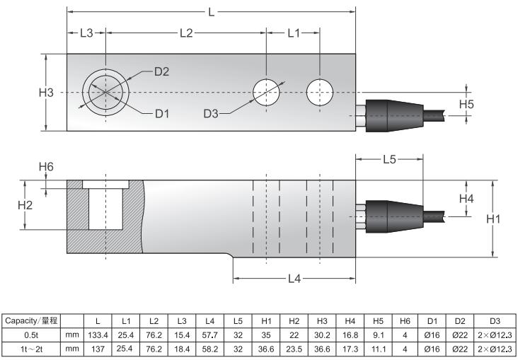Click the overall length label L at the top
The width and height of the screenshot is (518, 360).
[x=211, y=12]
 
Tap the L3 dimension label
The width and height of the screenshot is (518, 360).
[x=86, y=33]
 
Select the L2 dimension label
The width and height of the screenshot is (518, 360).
[x=186, y=33]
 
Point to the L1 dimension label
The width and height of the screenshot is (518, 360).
[x=293, y=33]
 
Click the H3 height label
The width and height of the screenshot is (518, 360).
[x=46, y=93]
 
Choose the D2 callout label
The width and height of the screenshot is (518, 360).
[x=161, y=71]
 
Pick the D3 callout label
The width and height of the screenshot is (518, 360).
[x=213, y=113]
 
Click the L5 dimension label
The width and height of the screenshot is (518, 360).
[x=389, y=160]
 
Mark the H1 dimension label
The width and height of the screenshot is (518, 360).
[x=493, y=219]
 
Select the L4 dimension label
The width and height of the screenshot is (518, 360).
[x=294, y=278]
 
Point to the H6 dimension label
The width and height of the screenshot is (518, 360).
[x=46, y=167]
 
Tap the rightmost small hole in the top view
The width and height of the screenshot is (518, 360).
[x=320, y=91]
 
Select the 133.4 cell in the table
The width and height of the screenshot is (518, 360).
[x=96, y=335]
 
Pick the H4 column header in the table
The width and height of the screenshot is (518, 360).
[x=351, y=321]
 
